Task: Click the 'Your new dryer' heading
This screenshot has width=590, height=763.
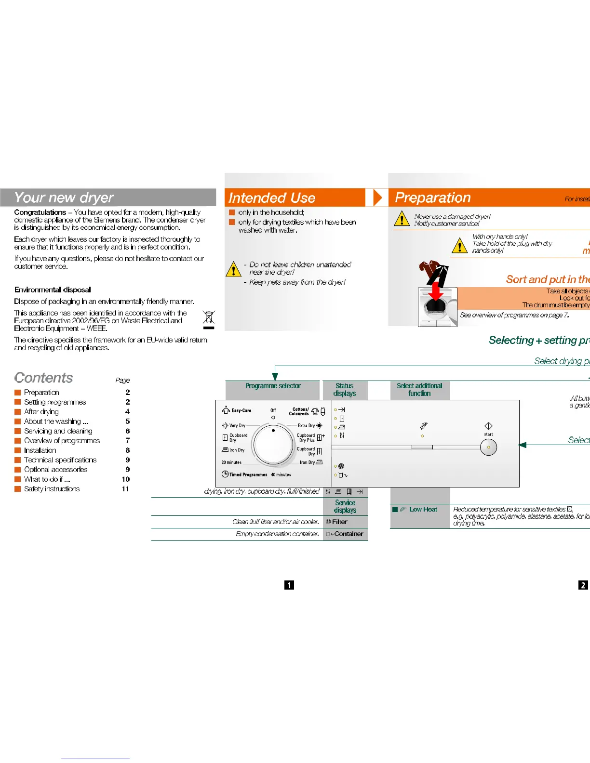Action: pyautogui.click(x=64, y=197)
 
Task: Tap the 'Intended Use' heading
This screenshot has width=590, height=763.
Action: pyautogui.click(x=272, y=198)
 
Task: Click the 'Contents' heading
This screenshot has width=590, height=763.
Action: pyautogui.click(x=44, y=378)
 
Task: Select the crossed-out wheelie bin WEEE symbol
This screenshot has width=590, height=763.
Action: pyautogui.click(x=209, y=318)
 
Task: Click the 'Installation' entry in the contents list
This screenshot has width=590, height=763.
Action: pyautogui.click(x=40, y=450)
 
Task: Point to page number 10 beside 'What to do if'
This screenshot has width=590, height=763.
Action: pyautogui.click(x=125, y=479)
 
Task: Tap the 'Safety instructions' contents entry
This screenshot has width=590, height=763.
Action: pyautogui.click(x=52, y=489)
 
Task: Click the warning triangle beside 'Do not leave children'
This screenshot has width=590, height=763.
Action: pyautogui.click(x=233, y=269)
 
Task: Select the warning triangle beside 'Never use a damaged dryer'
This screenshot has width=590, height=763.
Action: pyautogui.click(x=402, y=219)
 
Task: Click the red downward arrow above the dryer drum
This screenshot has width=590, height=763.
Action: pyautogui.click(x=436, y=291)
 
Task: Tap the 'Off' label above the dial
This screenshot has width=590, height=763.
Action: pyautogui.click(x=273, y=410)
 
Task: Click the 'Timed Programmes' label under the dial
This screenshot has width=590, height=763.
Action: pyautogui.click(x=248, y=474)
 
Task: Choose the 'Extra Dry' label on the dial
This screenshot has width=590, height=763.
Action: pyautogui.click(x=306, y=426)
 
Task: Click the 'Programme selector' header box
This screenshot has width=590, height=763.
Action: pyautogui.click(x=272, y=386)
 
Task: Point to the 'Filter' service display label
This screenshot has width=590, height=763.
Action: pyautogui.click(x=339, y=522)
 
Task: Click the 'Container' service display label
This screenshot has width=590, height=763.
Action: pyautogui.click(x=348, y=534)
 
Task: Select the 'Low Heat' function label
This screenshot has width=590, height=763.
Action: pyautogui.click(x=423, y=509)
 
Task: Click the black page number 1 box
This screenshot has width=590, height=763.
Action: pyautogui.click(x=289, y=585)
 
